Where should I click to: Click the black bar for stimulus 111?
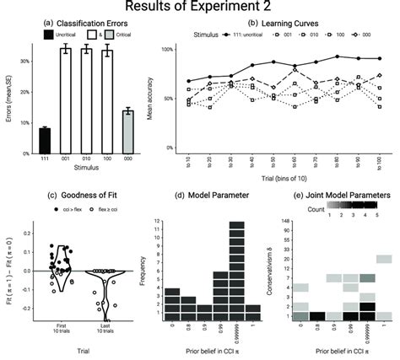45,140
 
